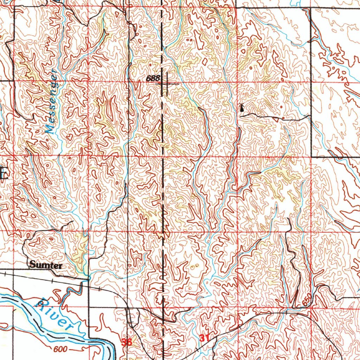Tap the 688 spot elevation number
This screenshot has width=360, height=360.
[x=154, y=78]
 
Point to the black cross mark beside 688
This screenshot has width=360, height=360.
[x=166, y=84]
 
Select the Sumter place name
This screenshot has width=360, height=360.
[x=46, y=265]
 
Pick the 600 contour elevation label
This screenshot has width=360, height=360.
[x=60, y=349]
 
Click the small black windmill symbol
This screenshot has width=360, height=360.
[x=241, y=108]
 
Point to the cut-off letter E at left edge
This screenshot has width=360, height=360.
[x=4, y=174]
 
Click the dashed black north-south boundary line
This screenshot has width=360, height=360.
[x=162, y=211]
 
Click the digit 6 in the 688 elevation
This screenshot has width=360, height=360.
[x=149, y=78]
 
